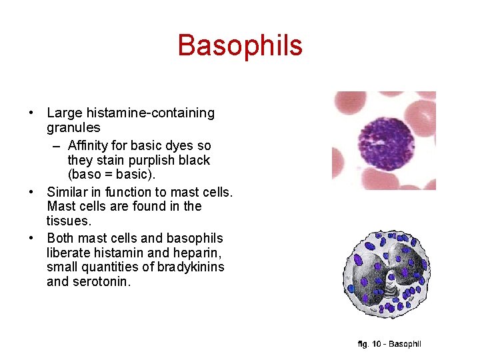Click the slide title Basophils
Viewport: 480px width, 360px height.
[x=240, y=45]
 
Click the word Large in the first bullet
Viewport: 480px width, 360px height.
[x=63, y=113]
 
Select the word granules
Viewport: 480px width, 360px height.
[x=73, y=127]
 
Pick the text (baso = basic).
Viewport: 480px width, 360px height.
[x=111, y=175]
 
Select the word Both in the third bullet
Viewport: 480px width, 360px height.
[x=61, y=238]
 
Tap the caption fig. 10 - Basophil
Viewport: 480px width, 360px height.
[x=389, y=344]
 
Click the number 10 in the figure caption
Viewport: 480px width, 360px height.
[x=377, y=344]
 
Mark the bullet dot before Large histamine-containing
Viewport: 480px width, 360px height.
[x=32, y=113]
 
